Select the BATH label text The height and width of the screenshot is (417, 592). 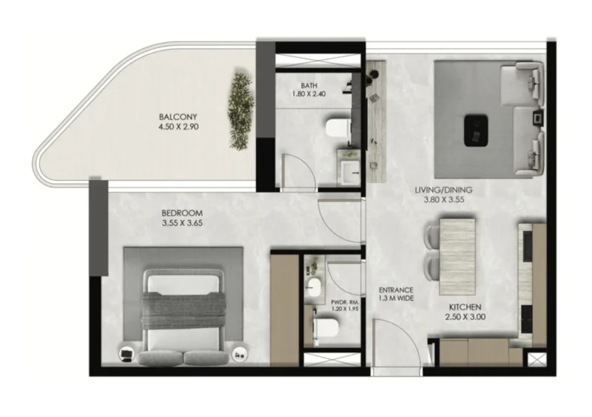click(309, 84)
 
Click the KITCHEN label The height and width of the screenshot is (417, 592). click(465, 307)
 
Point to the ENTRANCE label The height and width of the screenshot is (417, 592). click(396, 290)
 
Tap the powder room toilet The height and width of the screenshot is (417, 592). click(323, 327)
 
